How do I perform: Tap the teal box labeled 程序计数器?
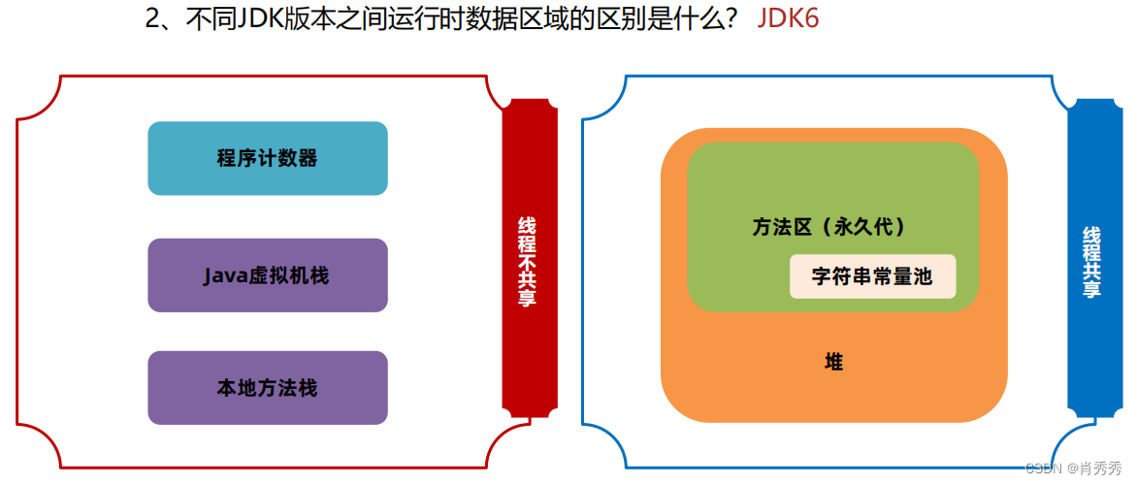pos(268,158)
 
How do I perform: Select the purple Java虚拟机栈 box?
pos(268,275)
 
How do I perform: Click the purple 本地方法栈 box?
pos(268,388)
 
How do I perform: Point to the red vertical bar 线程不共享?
pos(529,262)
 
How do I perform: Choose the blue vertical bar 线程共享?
pos(1093,262)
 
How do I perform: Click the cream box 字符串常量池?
pos(872,276)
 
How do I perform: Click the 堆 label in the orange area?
pos(833,363)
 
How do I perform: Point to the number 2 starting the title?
pos(152,20)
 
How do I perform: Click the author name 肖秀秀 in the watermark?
pos(1101,468)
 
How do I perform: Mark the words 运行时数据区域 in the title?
pos(443,20)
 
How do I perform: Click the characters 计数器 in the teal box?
pos(293,158)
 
